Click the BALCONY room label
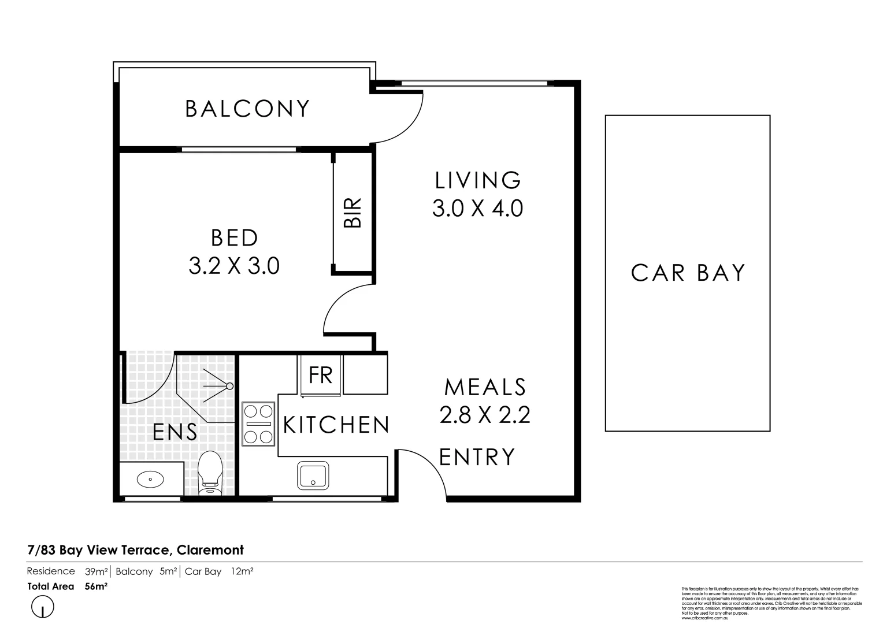(247, 109)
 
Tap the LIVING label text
(478, 180)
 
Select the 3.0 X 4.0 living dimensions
(477, 208)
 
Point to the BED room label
(234, 238)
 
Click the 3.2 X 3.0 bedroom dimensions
(234, 266)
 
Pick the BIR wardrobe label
(353, 213)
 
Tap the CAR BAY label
(688, 273)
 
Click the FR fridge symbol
(321, 375)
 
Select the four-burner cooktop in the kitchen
(258, 424)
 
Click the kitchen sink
(313, 476)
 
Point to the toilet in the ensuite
(210, 473)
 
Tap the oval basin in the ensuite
(150, 478)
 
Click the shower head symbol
(229, 386)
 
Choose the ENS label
(175, 432)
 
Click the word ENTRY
(477, 457)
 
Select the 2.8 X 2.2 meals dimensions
(485, 415)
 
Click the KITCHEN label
(336, 425)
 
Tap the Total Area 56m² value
(96, 586)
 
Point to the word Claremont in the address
(210, 550)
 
